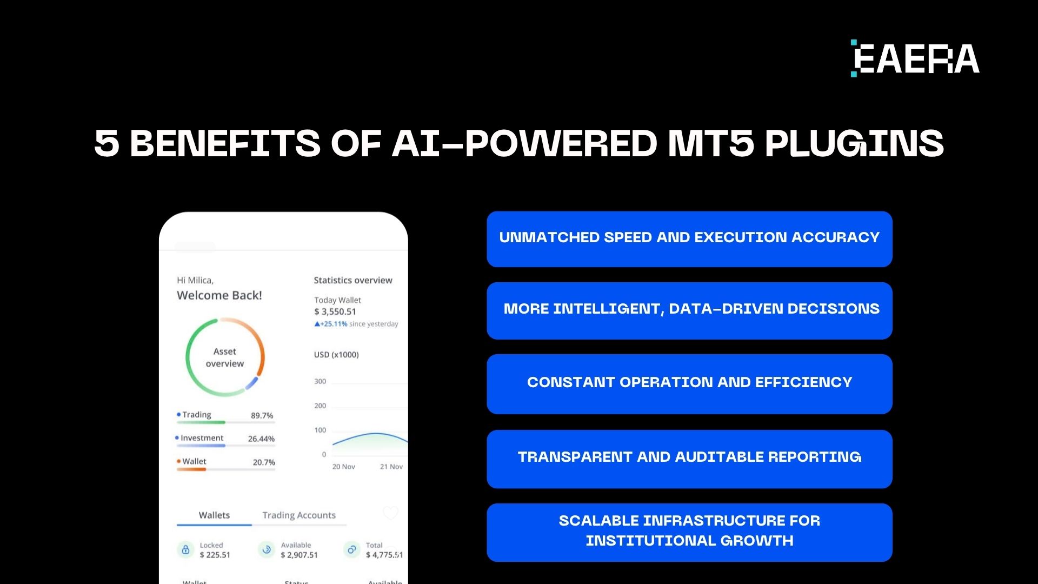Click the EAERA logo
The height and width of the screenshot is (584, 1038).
(915, 58)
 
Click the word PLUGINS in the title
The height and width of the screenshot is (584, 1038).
(854, 144)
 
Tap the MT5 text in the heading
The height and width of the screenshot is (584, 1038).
(711, 144)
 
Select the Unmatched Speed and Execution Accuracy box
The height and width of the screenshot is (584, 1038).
(689, 238)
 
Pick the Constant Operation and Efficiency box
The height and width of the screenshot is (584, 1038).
(689, 383)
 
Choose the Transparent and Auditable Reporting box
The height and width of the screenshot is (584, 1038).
(689, 459)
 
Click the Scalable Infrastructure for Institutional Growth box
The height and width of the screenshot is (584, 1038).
(689, 532)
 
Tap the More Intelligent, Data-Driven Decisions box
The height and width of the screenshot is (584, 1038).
(689, 310)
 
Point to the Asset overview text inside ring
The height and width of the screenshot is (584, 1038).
(225, 357)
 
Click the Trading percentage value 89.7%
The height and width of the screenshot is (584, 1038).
(262, 415)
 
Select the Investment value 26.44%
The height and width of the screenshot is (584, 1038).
(261, 439)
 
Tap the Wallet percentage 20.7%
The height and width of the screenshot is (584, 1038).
(264, 462)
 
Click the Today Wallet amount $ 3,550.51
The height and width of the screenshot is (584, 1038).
(335, 311)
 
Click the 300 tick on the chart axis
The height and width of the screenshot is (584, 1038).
(320, 381)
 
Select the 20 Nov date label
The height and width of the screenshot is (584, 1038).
(343, 467)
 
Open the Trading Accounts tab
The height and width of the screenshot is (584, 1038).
(299, 515)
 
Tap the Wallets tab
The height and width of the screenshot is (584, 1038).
(214, 515)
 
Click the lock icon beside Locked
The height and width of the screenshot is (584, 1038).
(185, 549)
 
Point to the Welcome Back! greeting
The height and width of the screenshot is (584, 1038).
(219, 295)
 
